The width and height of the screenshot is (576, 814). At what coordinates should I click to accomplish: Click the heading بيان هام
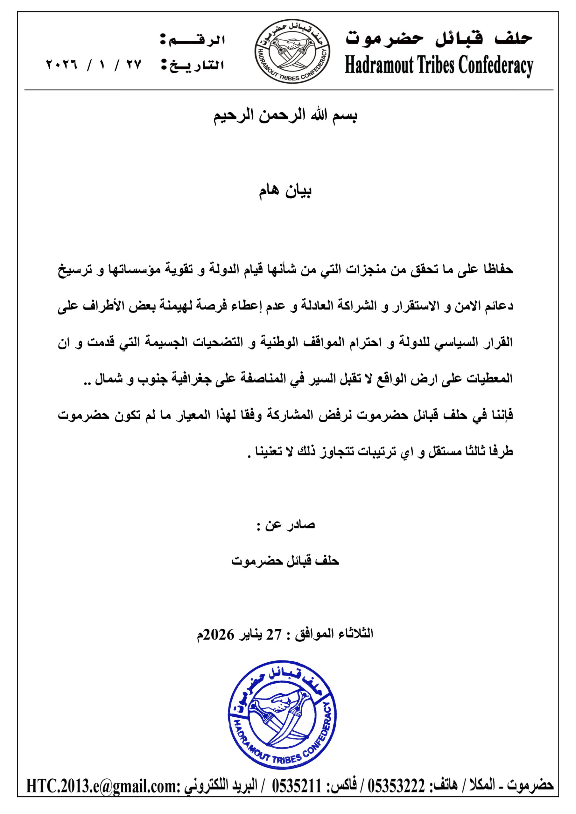(285, 191)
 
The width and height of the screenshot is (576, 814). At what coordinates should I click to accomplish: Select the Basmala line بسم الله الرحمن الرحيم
(285, 116)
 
